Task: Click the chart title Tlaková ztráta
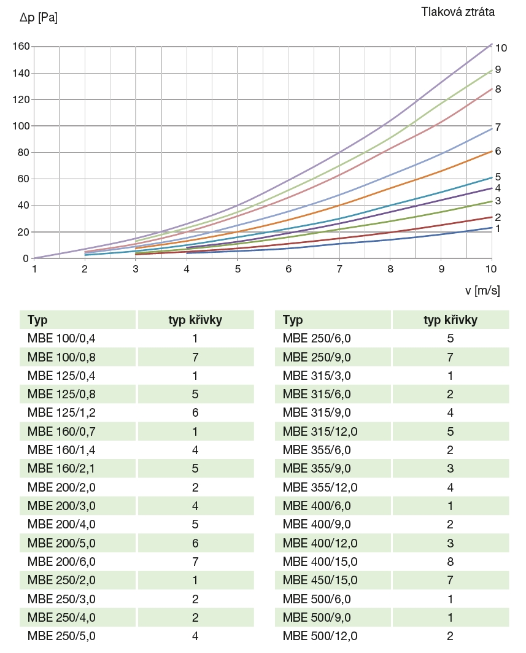[x=457, y=12]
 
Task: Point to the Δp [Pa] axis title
[x=39, y=18]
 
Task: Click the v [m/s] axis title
[x=482, y=290]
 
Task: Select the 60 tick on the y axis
[x=24, y=179]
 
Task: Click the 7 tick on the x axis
[x=339, y=269]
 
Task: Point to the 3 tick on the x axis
[x=136, y=269]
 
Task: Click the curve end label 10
[x=501, y=48]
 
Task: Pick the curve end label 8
[x=498, y=89]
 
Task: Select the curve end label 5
[x=498, y=177]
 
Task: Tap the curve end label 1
[x=498, y=228]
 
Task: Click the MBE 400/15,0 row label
[x=320, y=562]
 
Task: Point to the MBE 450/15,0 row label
[x=320, y=580]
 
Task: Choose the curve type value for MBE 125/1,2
[x=195, y=412]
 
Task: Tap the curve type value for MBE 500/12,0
[x=451, y=636]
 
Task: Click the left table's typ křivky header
[x=195, y=320]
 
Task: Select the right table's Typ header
[x=293, y=320]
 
